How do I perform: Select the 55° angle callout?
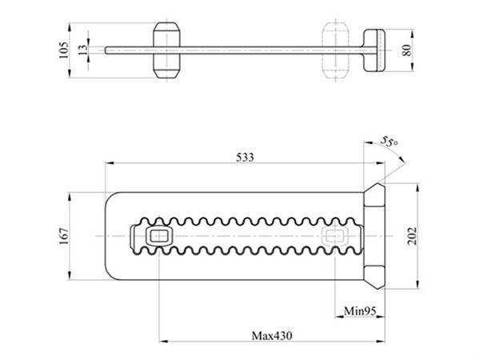click(389, 142)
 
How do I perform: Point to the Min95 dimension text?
click(360, 309)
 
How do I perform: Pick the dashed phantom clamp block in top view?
click(335, 50)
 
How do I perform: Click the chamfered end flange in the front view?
click(374, 236)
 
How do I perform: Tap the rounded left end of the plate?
click(110, 236)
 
